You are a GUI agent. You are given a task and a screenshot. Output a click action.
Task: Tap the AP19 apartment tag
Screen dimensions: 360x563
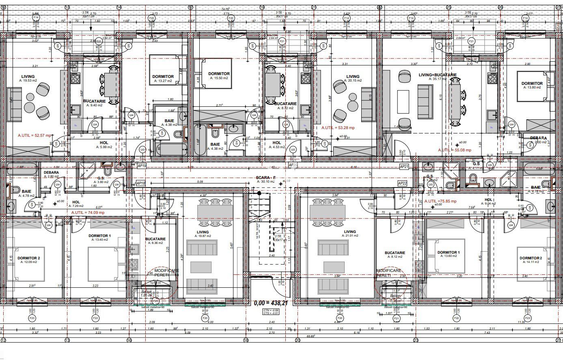142,166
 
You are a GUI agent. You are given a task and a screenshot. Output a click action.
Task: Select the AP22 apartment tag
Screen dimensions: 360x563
402,183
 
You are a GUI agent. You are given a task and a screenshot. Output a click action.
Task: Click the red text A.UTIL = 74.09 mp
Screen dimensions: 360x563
88,212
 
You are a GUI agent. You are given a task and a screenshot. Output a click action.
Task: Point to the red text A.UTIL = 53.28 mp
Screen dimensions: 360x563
338,127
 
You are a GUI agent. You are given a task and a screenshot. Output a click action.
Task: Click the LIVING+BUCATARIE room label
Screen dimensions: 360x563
438,75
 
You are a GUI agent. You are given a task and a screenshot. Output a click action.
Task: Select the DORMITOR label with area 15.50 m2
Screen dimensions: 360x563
219,74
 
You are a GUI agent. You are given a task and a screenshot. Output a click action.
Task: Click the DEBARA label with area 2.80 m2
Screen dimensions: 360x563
52,172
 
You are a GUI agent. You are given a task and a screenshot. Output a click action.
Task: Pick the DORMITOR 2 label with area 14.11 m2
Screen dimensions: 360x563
531,258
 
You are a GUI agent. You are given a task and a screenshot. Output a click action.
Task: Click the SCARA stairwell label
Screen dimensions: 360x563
265,178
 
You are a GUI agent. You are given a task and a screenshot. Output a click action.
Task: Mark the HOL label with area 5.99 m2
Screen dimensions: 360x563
104,142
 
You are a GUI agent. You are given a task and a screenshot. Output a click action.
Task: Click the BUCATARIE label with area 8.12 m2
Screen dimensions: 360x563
395,253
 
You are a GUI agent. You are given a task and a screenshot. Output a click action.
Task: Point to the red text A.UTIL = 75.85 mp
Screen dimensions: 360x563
440,201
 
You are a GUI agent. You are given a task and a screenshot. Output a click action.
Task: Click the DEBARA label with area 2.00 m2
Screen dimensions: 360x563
538,138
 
